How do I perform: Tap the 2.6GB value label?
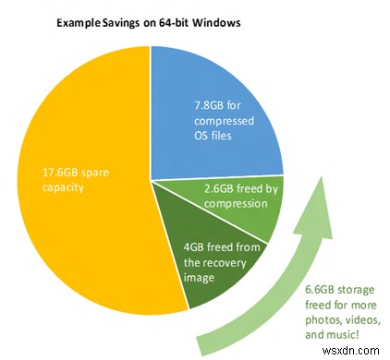pyautogui.click(x=218, y=188)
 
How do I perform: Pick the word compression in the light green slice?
pyautogui.click(x=232, y=202)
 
